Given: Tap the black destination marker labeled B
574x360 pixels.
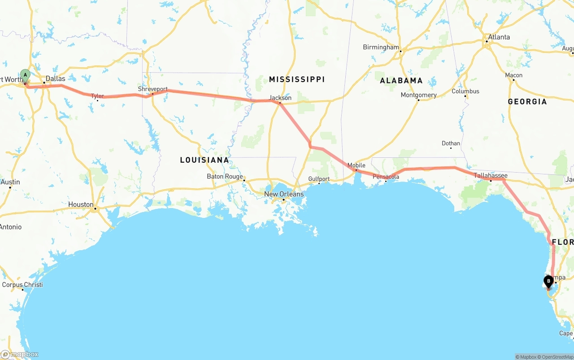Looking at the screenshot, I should coord(548,282).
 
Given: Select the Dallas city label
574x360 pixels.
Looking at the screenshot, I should coord(55,78).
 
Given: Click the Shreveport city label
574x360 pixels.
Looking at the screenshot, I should coord(152,89).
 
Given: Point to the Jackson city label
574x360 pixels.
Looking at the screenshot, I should coord(280,98).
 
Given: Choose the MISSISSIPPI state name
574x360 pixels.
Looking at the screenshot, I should coord(297,79).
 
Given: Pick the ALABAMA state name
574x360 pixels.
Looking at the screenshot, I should coord(401,81).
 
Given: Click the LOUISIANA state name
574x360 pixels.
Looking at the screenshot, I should coord(204,160).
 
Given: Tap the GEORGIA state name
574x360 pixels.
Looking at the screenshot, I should coord(527,102).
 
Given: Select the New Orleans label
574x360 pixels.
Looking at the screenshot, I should coord(284,194).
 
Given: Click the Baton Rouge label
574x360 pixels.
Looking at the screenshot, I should coord(225,177).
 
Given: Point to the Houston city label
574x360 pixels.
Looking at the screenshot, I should coord(81,204).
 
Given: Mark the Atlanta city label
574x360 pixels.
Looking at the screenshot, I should coord(499,37).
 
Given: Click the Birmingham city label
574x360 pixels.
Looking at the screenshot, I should coord(381,47).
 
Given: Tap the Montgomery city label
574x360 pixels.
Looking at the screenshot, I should coord(418,95).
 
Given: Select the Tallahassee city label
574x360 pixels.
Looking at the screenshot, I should coord(491,176).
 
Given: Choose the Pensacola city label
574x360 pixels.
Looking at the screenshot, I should coord(386,177).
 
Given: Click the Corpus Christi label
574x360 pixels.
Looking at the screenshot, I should coord(22,285).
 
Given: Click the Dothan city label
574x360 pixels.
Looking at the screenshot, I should coord(451,143).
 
